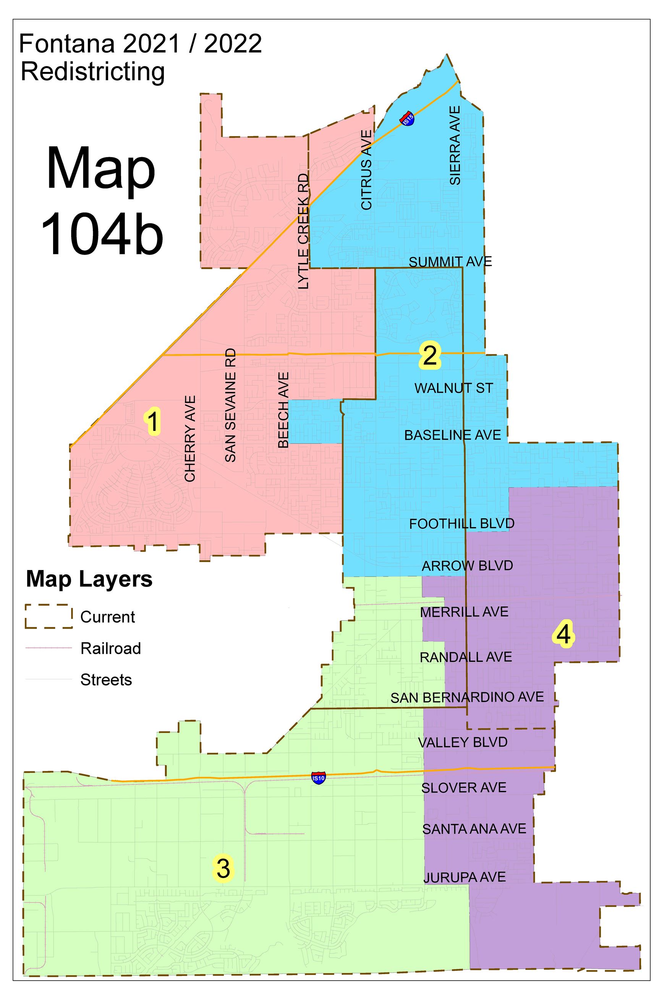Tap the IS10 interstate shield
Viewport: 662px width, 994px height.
[x=319, y=777]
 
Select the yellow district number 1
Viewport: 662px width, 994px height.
[x=153, y=421]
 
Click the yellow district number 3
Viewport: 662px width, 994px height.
[x=223, y=869]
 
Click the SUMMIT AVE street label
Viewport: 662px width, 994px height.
[x=450, y=262]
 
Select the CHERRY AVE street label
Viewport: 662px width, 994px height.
[x=190, y=439]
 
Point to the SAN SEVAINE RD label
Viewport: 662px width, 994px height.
[x=230, y=405]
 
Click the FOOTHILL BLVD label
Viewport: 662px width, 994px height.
[x=461, y=524]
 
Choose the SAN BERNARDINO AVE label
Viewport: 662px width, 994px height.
[x=466, y=697]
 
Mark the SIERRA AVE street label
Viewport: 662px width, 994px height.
[x=455, y=145]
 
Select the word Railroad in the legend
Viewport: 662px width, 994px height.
[x=111, y=648]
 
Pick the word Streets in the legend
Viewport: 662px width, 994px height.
[x=106, y=680]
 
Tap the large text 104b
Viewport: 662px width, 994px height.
[x=102, y=233]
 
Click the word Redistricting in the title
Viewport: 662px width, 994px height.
[x=93, y=72]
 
